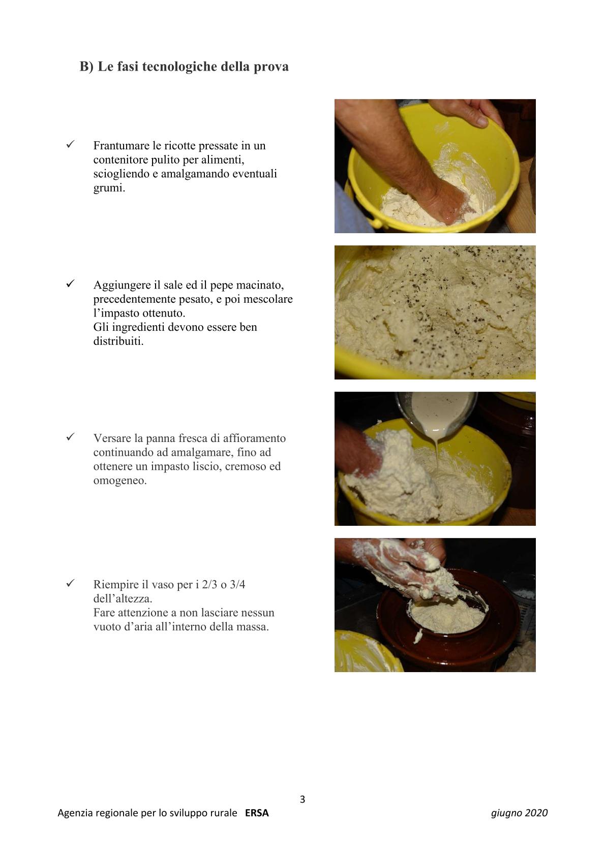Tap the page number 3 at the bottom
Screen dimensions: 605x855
coord(302,799)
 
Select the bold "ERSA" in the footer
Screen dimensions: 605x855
coord(257,813)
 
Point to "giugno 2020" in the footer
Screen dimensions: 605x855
coord(520,813)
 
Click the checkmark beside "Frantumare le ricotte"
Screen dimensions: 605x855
coord(70,144)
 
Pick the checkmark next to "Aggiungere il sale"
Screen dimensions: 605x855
coord(70,283)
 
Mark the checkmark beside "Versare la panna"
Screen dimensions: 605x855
coord(70,437)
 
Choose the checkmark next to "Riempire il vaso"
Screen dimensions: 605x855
coord(70,583)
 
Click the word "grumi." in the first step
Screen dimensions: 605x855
coord(109,188)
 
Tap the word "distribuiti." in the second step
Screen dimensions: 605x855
coord(118,341)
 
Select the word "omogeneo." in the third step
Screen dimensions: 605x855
coord(120,481)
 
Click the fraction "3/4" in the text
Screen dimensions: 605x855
coord(237,584)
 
